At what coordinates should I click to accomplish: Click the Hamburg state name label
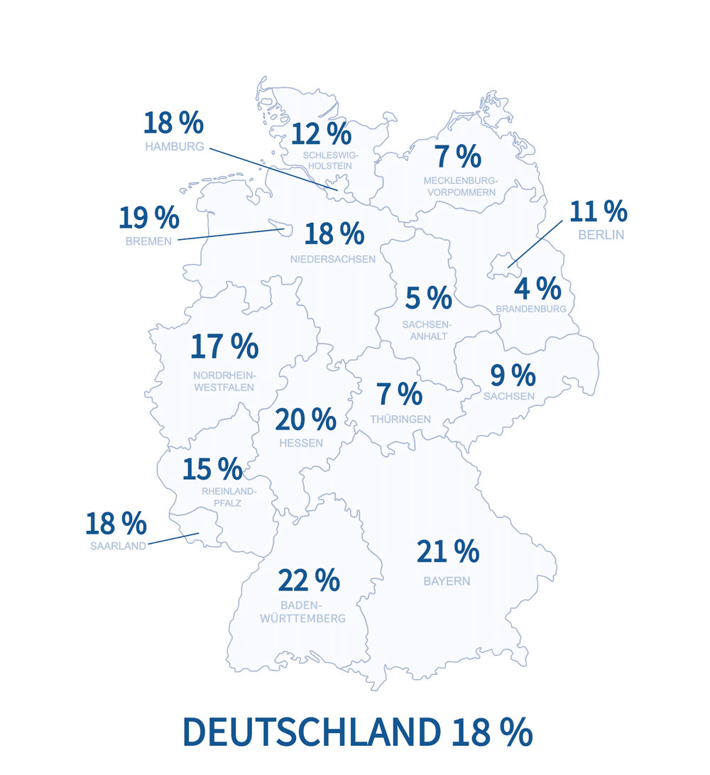click(174, 147)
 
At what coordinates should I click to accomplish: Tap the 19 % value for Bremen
click(148, 217)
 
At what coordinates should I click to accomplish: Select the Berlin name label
click(601, 235)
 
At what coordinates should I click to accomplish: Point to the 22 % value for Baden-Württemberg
click(309, 581)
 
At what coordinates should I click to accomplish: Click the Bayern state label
click(447, 581)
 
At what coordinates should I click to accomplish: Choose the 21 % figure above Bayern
click(447, 551)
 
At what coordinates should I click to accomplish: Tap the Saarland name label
click(118, 546)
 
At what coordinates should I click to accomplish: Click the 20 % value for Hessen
click(305, 419)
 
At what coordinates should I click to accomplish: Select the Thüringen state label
click(400, 419)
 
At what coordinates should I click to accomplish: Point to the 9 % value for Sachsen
click(513, 375)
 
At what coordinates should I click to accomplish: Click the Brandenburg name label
click(530, 309)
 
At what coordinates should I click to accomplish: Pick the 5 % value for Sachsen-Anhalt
click(428, 299)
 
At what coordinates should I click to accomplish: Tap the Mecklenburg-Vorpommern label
click(460, 187)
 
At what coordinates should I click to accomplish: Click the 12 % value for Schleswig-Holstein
click(321, 133)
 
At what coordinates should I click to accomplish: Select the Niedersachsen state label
click(332, 259)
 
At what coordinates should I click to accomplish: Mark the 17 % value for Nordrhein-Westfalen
click(224, 346)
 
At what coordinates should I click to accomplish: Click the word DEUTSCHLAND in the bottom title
click(311, 732)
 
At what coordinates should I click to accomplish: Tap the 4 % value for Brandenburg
click(537, 288)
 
